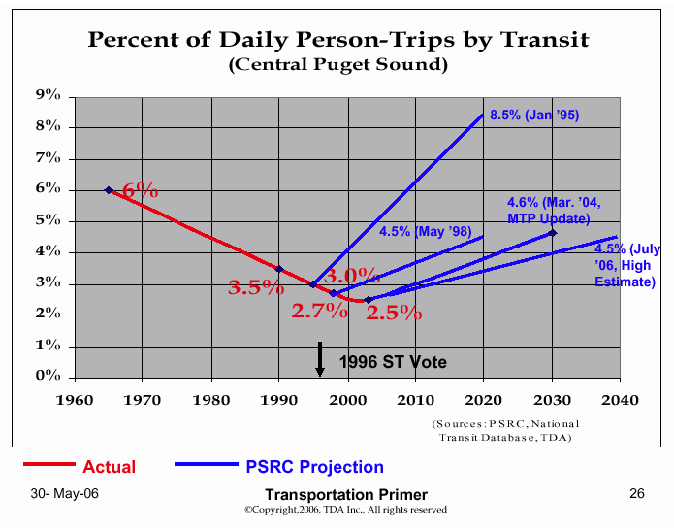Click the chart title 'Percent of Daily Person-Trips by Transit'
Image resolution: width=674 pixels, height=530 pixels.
point(337,40)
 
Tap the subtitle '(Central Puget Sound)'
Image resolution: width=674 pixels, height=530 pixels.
point(337,65)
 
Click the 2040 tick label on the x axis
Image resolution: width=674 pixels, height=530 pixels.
point(619,399)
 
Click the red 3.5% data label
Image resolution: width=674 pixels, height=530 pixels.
point(256,287)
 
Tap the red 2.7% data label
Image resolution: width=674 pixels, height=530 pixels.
point(319,311)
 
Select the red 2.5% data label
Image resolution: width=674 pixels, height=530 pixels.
point(394,313)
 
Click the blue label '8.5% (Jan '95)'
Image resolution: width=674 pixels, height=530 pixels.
point(534,115)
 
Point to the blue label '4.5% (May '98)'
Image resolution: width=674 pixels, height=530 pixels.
point(425,231)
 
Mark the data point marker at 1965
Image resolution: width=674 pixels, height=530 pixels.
point(109,190)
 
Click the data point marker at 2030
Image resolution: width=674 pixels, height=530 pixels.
point(553,233)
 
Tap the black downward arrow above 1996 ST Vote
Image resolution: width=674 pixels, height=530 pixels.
point(319,359)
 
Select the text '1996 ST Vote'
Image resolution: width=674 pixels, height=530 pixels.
point(393,362)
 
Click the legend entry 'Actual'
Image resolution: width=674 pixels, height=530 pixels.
point(109,467)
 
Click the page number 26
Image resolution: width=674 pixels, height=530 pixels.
point(636,494)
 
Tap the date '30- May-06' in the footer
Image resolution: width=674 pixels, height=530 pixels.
point(64,494)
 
